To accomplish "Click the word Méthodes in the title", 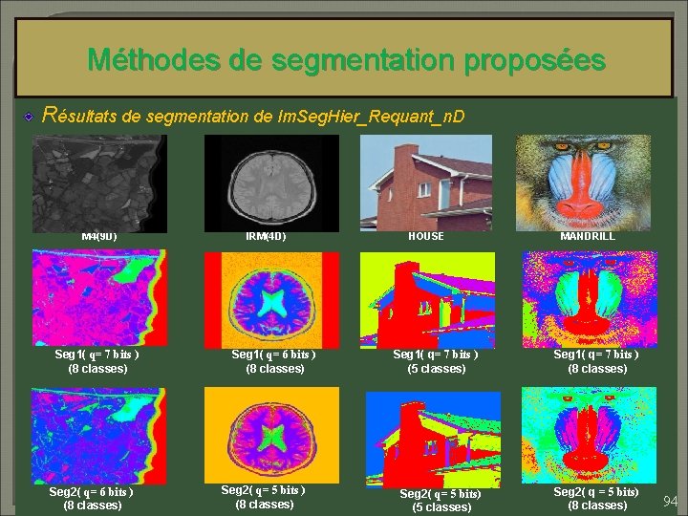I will (154, 61).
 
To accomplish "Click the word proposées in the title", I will (534, 61).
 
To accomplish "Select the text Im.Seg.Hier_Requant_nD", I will (370, 117).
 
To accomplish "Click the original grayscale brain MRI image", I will (271, 181).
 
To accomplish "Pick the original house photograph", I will (426, 181).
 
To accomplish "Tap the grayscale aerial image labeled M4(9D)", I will (98, 181).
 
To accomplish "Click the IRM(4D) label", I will (266, 236).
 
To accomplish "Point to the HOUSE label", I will (425, 236).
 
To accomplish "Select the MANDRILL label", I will (588, 235).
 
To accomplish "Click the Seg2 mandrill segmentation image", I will (589, 436).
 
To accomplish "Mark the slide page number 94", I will (671, 502).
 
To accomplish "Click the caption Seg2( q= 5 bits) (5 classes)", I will (441, 500).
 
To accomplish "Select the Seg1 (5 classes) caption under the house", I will (437, 361).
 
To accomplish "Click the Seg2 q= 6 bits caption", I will (92, 498).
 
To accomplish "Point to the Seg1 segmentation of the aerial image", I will (97, 298).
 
